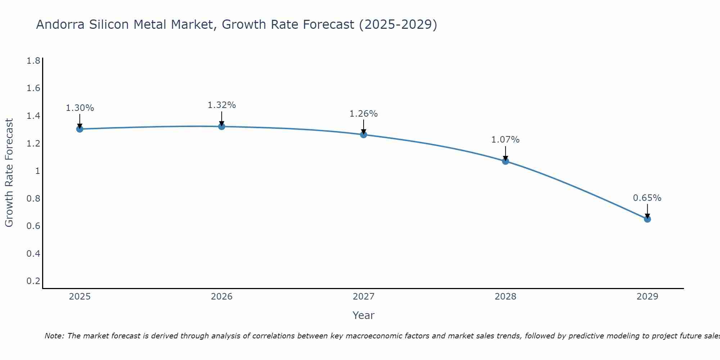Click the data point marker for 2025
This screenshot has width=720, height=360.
coord(80,129)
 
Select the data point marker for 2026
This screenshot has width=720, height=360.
coord(222,126)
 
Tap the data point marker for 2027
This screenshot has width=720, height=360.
coord(364,135)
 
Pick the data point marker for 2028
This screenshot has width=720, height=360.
coord(505,161)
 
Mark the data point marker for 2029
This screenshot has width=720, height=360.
coord(647,219)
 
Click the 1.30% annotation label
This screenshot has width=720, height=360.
coord(80,108)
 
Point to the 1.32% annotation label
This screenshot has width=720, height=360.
coord(222,105)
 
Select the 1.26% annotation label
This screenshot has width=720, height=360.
coord(364,114)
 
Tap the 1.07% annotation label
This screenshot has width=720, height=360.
coord(505,140)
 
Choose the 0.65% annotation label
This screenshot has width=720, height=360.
coord(647,198)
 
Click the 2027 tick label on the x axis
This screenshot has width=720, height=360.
coord(364,297)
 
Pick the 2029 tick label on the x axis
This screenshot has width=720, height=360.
coord(647,297)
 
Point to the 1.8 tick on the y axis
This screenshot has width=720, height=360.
coord(33,60)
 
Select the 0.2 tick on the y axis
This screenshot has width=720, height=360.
coord(33,281)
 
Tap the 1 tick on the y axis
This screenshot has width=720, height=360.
coord(37,171)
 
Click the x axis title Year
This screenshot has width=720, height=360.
coord(364,315)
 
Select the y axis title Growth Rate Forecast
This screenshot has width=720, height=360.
coord(9,173)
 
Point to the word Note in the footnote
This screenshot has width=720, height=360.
coord(54,336)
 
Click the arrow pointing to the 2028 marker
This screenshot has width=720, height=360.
coord(505,153)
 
